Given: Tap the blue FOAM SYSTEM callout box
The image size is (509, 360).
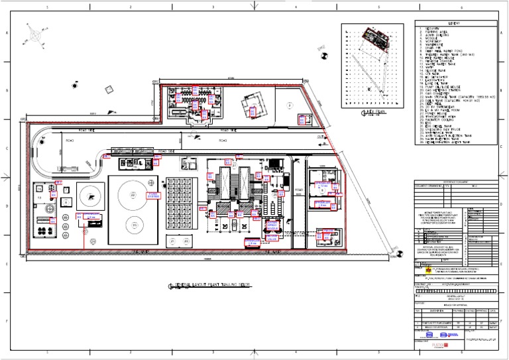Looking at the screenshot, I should [153, 194].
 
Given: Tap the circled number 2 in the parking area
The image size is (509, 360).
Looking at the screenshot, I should [288, 105].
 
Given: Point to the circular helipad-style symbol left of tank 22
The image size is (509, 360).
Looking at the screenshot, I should [88, 194].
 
